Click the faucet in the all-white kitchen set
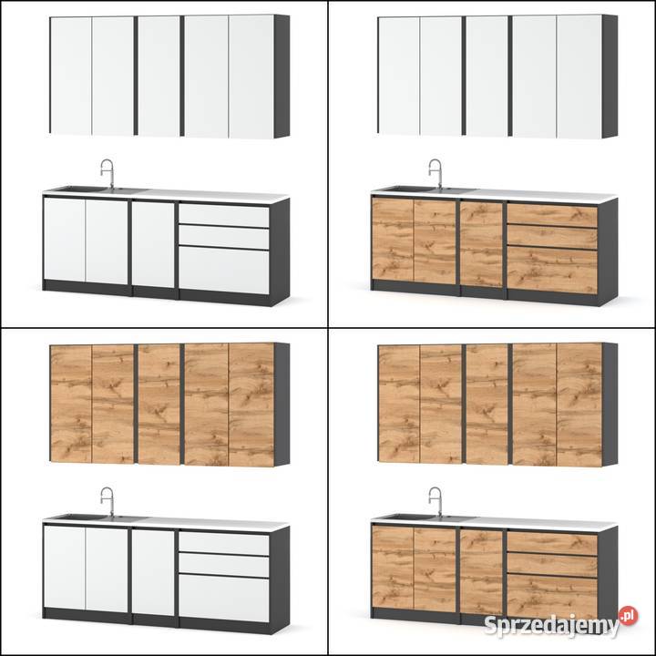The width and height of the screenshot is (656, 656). [108, 173]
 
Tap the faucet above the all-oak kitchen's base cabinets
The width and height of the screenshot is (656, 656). [436, 501]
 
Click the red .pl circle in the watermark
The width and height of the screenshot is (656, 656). [629, 616]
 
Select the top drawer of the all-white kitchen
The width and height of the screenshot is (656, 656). [224, 215]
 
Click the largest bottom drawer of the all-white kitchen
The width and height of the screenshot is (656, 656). [224, 271]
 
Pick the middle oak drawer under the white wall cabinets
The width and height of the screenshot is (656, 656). [552, 238]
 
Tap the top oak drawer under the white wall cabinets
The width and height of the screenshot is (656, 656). [552, 215]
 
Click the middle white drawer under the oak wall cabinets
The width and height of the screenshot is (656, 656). [224, 566]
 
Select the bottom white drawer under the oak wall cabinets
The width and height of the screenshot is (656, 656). [224, 599]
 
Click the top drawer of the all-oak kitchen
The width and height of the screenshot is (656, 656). [552, 543]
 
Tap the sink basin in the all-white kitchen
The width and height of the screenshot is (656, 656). [79, 190]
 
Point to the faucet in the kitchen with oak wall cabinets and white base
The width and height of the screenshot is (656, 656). [108, 501]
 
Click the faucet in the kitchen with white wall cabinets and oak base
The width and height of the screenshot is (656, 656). [436, 173]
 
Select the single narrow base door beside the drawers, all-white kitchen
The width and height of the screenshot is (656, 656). [153, 245]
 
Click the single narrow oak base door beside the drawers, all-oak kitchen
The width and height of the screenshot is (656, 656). [481, 573]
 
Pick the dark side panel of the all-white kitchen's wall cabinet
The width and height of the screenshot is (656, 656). [282, 77]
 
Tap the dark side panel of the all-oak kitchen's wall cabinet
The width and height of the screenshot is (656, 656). [610, 405]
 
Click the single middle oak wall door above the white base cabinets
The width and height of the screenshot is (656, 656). [159, 405]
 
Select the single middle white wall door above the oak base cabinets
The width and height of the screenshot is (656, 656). [487, 77]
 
